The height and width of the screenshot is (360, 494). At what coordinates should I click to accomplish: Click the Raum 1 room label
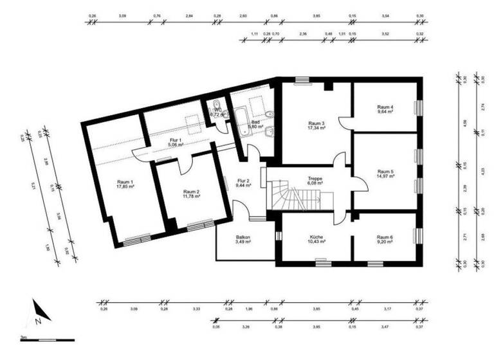coord(125,182)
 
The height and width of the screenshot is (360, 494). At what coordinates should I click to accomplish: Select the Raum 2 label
coord(191,192)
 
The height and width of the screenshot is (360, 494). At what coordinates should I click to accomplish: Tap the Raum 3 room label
coord(316,123)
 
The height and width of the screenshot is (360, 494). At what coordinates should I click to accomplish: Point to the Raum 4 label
coord(385,107)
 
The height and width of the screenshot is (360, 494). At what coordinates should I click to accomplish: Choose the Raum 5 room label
coord(385,172)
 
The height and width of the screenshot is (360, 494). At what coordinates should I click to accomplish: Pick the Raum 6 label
coord(385,237)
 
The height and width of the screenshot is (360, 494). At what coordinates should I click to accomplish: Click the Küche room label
coord(316,237)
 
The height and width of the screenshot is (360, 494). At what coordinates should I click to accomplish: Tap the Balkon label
coord(242,237)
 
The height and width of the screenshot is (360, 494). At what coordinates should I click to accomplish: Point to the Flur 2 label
coord(242,181)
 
